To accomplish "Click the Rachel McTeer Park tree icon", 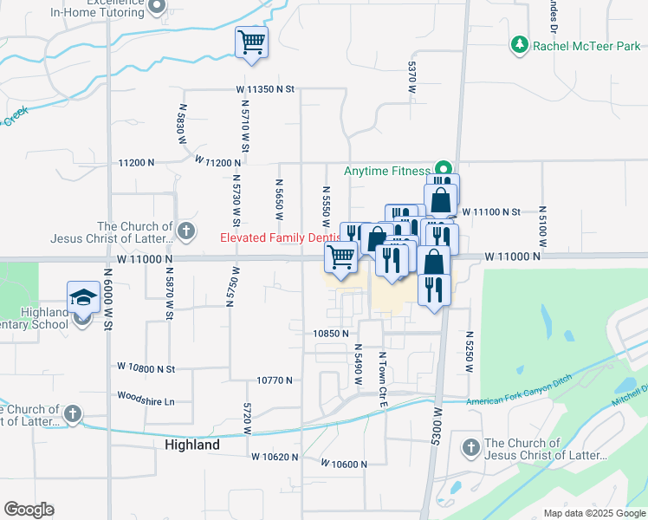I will [520, 44].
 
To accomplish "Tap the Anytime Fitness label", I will [386, 171].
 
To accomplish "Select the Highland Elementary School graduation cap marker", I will [83, 296].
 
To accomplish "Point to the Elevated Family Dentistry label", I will [277, 237].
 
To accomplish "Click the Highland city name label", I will [191, 445].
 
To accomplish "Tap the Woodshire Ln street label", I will [146, 401].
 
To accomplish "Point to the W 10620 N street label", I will [275, 457].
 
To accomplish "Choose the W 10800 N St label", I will [146, 369].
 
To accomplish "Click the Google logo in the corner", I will [29, 510].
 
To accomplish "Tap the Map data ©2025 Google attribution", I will [594, 513].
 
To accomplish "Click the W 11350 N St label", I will [266, 89].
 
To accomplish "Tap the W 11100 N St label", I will [490, 211].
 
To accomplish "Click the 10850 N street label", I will [331, 333].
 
